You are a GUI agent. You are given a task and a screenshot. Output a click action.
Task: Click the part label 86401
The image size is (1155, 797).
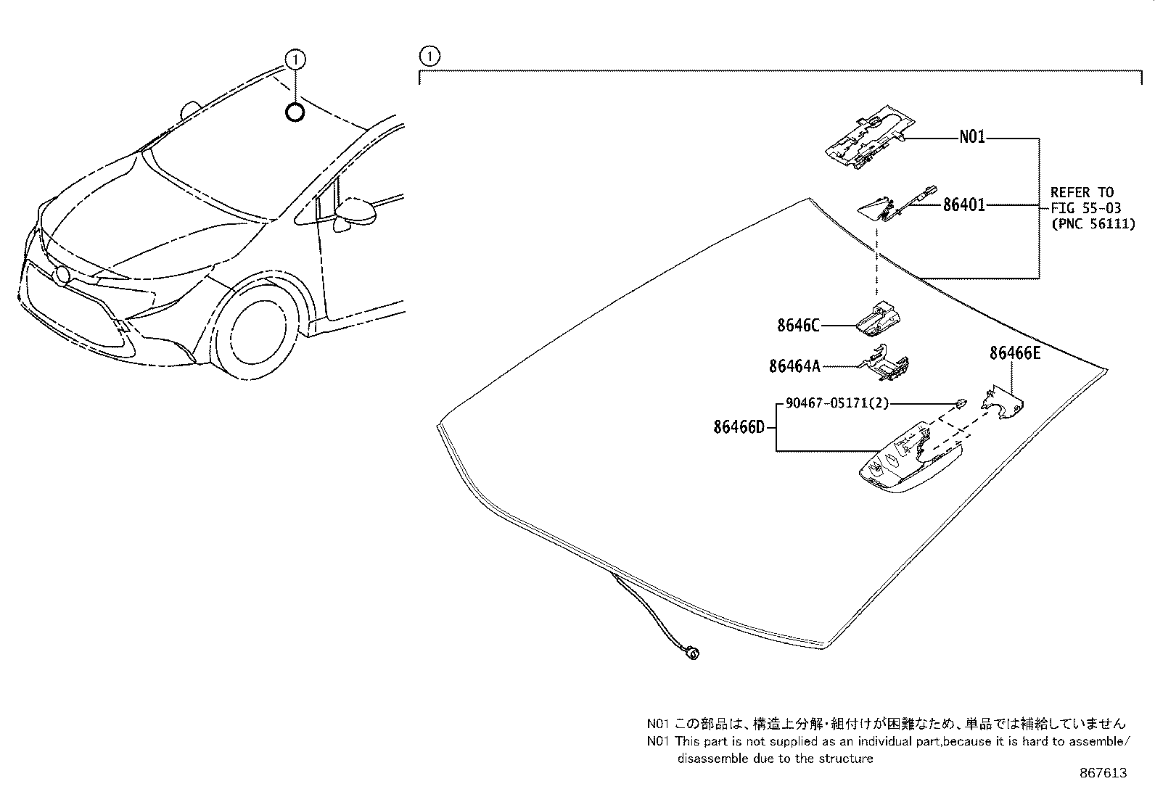pyautogui.click(x=963, y=205)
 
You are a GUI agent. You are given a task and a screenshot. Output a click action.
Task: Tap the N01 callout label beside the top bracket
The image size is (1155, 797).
pyautogui.click(x=972, y=137)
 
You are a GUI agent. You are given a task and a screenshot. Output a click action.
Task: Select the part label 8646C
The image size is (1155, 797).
pyautogui.click(x=798, y=326)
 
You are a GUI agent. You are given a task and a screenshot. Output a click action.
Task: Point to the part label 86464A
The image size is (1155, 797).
pyautogui.click(x=794, y=366)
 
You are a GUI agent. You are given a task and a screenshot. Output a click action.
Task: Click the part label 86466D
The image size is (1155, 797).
pyautogui.click(x=739, y=427)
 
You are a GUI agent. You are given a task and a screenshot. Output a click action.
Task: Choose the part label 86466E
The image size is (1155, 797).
pyautogui.click(x=1014, y=353)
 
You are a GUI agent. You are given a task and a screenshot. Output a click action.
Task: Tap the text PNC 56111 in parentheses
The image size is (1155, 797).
pyautogui.click(x=1093, y=224)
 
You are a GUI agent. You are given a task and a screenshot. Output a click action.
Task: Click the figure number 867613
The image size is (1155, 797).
pyautogui.click(x=1103, y=773)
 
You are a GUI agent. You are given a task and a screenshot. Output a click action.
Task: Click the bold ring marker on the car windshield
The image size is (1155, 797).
pyautogui.click(x=295, y=112)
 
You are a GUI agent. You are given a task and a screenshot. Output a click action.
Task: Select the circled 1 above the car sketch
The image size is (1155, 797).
pyautogui.click(x=295, y=59)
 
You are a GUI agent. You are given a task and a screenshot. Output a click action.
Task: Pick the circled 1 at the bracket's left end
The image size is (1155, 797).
pyautogui.click(x=429, y=55)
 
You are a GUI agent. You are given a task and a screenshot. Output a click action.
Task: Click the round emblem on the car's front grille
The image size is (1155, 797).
pyautogui.click(x=63, y=275)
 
